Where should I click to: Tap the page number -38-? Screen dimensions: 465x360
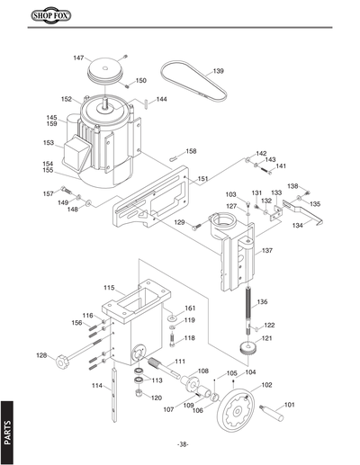pos(184,445)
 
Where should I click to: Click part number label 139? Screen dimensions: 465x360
pos(218,70)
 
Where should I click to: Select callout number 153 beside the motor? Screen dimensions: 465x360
pos(48,142)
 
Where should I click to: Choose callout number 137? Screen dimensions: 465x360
pos(266,251)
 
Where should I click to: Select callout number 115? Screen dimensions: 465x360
pos(108,288)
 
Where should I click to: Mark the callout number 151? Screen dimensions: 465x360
pos(203,179)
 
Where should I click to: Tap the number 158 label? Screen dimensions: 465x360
pos(190,151)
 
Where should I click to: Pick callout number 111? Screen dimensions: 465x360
pos(180,361)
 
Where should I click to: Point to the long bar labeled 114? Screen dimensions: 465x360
pos(112,396)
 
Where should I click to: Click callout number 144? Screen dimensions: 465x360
pos(161,99)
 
